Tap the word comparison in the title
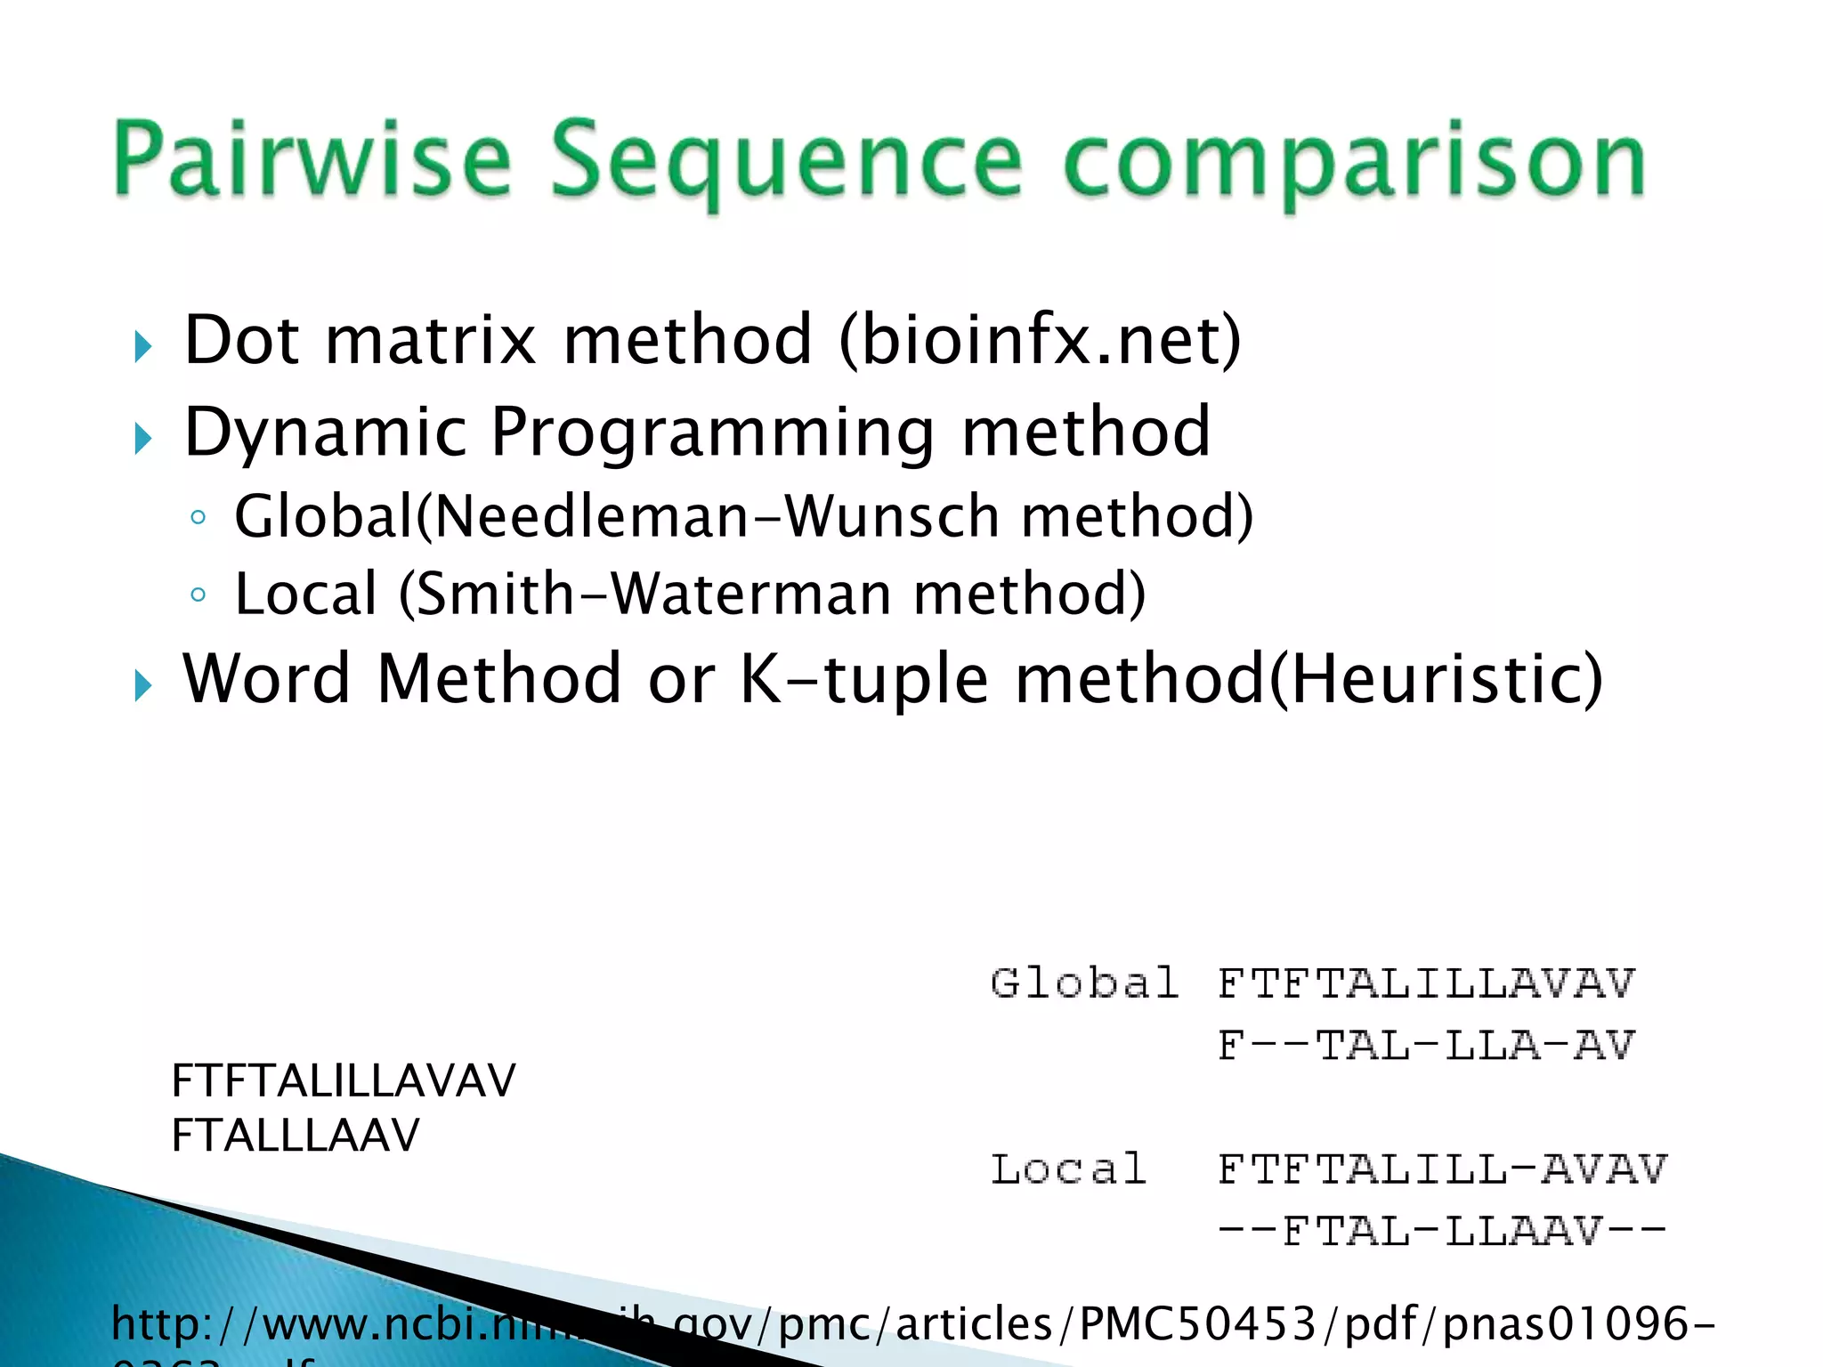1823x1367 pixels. pos(1353,163)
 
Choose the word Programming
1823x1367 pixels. pos(712,433)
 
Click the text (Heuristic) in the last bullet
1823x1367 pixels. pos(1435,679)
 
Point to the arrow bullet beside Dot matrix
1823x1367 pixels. pos(143,346)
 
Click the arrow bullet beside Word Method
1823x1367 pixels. pos(143,685)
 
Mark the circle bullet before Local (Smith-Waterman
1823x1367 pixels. pos(198,595)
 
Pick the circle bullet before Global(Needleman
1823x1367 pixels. pos(198,517)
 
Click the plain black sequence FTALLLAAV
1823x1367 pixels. pos(295,1136)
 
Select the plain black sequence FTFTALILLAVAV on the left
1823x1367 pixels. pos(343,1081)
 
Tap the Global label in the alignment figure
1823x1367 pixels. pos(1084,983)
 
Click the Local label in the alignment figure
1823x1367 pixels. pos(1068,1169)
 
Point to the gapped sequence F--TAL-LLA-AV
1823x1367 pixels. pos(1426,1046)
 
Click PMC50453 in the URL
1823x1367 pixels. pos(1197,1323)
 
